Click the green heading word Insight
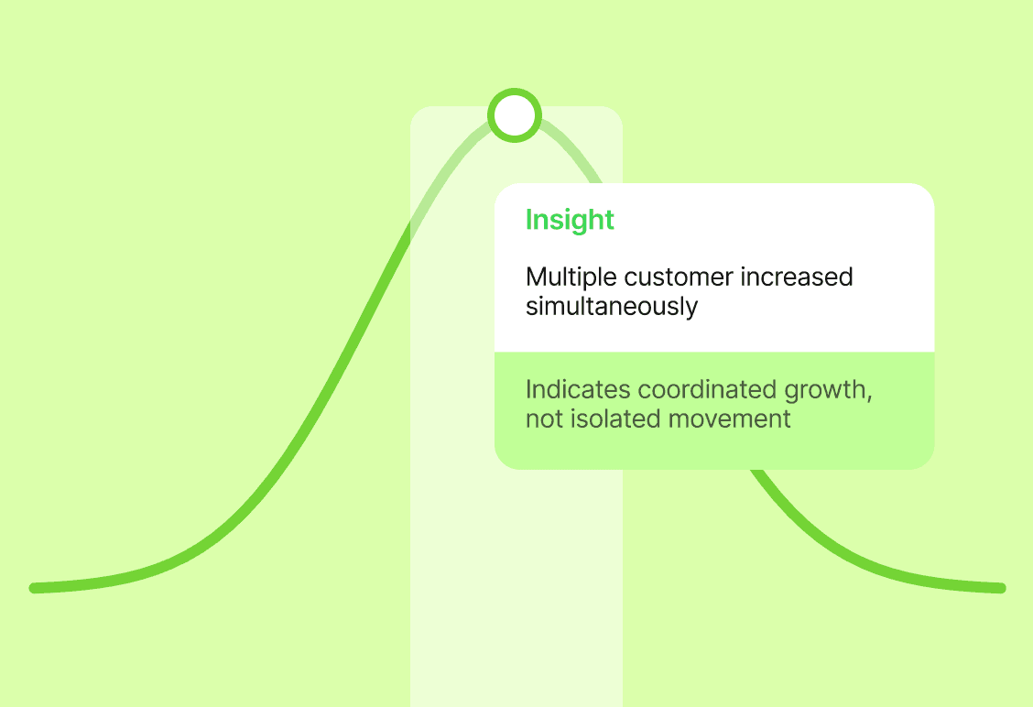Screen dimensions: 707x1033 pos(570,221)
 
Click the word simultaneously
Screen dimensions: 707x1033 pos(611,307)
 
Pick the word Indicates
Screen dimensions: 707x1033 pos(578,389)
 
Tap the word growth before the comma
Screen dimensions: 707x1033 pos(825,391)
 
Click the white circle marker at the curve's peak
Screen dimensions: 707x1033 pos(515,115)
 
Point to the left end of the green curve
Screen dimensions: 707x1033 pos(35,588)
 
